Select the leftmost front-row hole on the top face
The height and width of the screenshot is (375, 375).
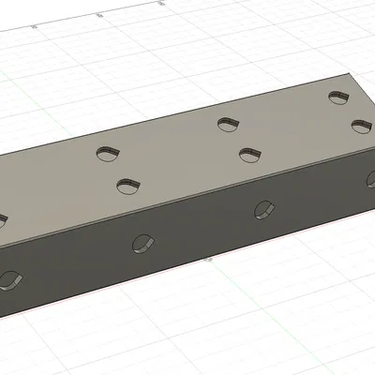tap(127, 186)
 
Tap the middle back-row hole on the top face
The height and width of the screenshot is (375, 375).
tap(226, 122)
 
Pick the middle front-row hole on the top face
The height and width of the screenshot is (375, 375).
tap(248, 153)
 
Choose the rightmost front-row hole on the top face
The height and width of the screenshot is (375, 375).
tap(361, 126)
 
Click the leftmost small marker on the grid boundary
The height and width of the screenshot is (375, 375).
tap(35, 27)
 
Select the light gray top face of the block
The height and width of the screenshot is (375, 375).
tap(178, 159)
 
